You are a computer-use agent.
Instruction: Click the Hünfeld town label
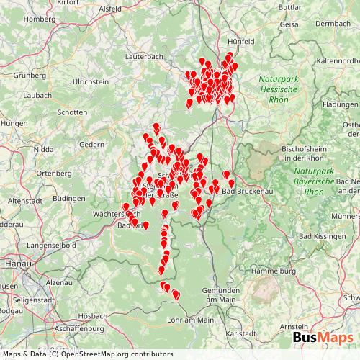coord(240,42)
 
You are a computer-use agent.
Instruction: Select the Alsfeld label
coord(110,9)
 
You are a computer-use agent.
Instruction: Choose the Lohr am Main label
coord(190,319)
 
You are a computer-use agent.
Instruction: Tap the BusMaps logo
coord(322,338)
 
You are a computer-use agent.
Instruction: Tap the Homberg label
coord(39,19)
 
